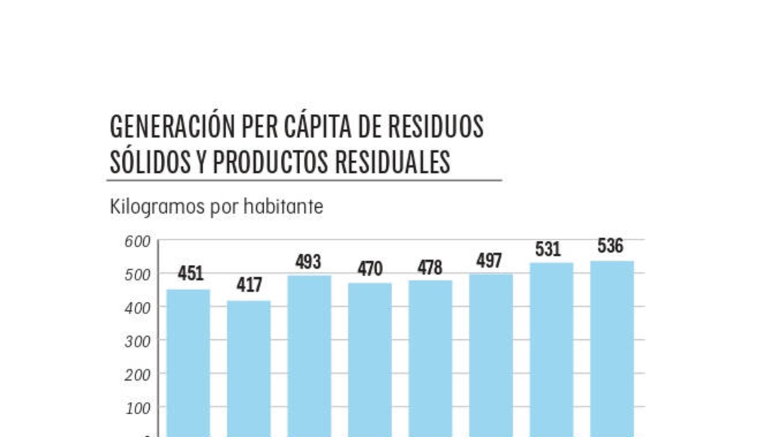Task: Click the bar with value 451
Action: click(x=188, y=363)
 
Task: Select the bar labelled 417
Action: click(x=249, y=368)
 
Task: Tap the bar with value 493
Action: click(x=309, y=356)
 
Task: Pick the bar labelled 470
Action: click(x=370, y=360)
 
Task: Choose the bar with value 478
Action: click(x=430, y=359)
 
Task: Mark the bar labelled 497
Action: click(x=491, y=355)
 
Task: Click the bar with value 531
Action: click(x=552, y=350)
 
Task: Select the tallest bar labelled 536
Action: click(x=612, y=349)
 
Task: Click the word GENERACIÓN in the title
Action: click(x=171, y=127)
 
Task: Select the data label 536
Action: click(x=610, y=246)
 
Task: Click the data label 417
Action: click(x=249, y=285)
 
